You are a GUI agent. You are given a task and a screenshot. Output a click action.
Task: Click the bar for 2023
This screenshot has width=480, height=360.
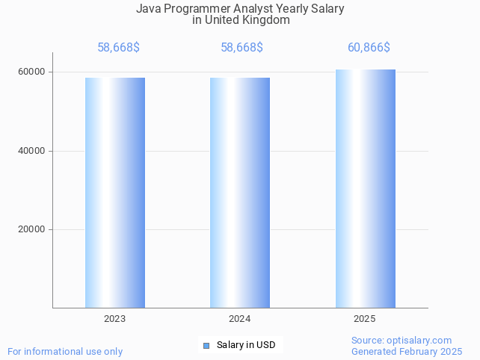pyautogui.click(x=115, y=193)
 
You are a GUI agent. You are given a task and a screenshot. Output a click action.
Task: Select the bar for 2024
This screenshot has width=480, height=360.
pyautogui.click(x=240, y=193)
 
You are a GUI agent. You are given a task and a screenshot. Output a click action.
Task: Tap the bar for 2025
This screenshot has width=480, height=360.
pyautogui.click(x=365, y=189)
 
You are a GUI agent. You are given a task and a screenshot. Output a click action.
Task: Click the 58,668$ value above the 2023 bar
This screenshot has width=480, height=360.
pyautogui.click(x=118, y=48)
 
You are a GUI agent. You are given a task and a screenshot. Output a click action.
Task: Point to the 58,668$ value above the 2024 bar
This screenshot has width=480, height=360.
pyautogui.click(x=241, y=48)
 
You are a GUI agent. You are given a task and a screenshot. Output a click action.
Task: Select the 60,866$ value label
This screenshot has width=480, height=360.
pyautogui.click(x=369, y=48)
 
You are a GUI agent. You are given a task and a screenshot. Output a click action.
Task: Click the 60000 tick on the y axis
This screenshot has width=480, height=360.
pyautogui.click(x=31, y=72)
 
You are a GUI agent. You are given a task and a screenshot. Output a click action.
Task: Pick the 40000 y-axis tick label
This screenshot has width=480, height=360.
pyautogui.click(x=31, y=151)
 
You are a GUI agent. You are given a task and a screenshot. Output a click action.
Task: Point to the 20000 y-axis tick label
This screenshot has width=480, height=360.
pyautogui.click(x=31, y=229)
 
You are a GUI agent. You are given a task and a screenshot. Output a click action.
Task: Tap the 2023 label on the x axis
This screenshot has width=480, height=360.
pyautogui.click(x=115, y=319)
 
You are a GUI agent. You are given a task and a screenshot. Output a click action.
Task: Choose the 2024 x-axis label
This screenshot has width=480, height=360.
pyautogui.click(x=240, y=319)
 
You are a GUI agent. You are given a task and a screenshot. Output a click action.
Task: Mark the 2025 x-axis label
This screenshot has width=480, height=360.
pyautogui.click(x=365, y=319)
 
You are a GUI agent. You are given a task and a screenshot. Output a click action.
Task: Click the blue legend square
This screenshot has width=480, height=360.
pyautogui.click(x=207, y=345)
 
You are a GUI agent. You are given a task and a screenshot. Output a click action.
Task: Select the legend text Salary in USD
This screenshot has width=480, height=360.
pyautogui.click(x=246, y=345)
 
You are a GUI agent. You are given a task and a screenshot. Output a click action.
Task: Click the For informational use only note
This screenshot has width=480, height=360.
pyautogui.click(x=65, y=351)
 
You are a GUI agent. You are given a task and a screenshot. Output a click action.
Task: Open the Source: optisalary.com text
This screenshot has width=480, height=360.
pyautogui.click(x=401, y=340)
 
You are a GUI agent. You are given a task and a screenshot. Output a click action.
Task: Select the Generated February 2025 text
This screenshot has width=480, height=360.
pyautogui.click(x=407, y=351)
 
